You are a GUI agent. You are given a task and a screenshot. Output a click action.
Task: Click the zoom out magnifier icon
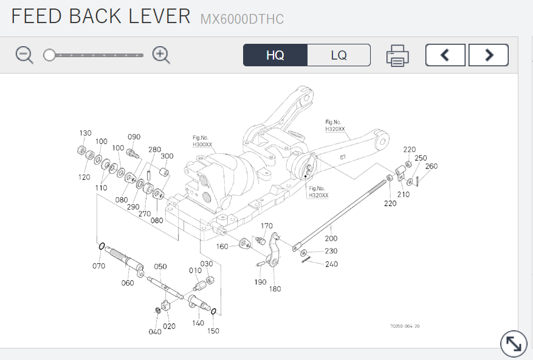coord(24,55)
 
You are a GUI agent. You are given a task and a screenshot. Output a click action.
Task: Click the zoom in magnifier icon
coord(161,55)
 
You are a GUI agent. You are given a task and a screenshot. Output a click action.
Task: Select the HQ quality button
coord(275,55)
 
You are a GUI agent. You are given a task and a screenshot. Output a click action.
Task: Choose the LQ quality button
coord(339,55)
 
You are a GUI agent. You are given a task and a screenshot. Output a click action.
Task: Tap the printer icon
coord(397,55)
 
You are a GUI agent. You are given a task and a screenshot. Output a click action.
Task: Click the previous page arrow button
coord(445,55)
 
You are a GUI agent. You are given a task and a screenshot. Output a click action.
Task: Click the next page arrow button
coord(489,55)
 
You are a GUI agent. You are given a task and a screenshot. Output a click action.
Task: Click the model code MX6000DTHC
coord(242,19)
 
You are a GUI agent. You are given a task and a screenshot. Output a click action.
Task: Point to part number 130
coord(85,133)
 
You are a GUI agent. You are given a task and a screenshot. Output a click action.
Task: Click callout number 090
coord(134,137)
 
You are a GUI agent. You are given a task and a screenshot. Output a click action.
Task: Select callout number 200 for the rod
coord(331,238)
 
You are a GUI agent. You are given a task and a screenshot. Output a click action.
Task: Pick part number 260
coord(431,166)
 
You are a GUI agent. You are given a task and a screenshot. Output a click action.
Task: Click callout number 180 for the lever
coord(275,288)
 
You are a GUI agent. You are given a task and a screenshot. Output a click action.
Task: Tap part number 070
coord(98,266)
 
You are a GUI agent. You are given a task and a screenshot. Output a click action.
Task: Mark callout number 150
coord(213,331)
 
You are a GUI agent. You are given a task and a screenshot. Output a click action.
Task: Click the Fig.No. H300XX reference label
coord(202,142)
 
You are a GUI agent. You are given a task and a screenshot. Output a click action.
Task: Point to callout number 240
coord(331,264)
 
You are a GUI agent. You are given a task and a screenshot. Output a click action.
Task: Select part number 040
coord(155,331)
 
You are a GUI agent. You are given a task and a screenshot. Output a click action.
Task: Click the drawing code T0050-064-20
coord(404,326)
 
